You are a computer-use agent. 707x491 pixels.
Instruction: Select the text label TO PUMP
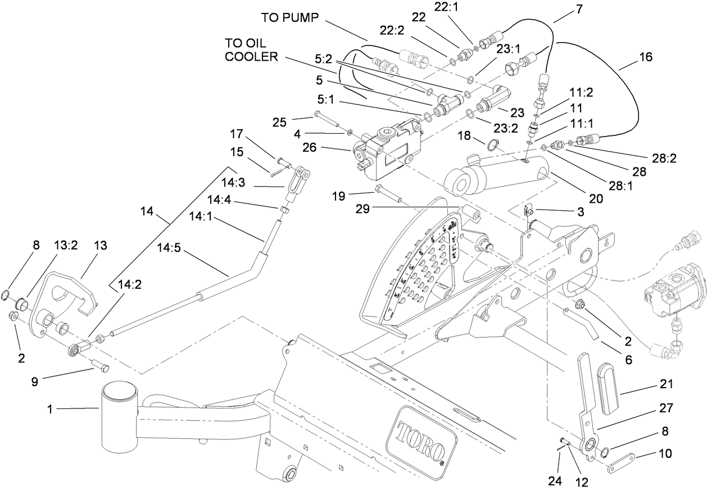coord(290,17)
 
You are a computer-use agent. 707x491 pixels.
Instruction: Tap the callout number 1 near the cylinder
coord(50,410)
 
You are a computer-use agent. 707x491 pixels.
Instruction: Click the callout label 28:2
coord(664,158)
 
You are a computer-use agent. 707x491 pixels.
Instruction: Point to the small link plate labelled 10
coord(624,461)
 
